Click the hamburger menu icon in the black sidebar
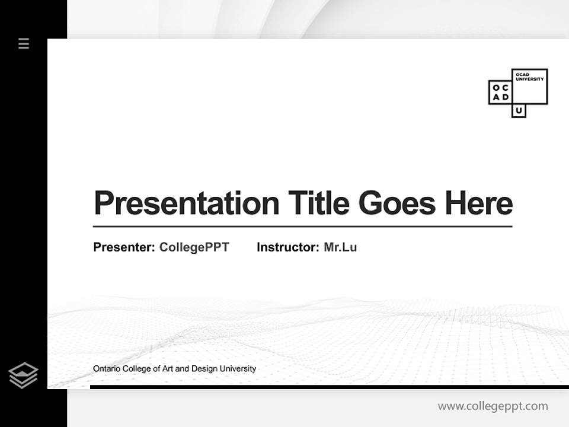[x=24, y=43]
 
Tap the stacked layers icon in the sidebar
[x=23, y=375]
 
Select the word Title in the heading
[x=319, y=203]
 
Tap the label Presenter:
[x=124, y=247]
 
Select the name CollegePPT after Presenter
[x=194, y=247]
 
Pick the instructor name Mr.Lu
[x=340, y=247]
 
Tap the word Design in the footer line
[x=204, y=369]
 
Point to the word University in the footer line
[x=238, y=369]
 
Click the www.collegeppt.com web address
[x=493, y=406]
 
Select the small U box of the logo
[x=519, y=111]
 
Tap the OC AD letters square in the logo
[x=500, y=93]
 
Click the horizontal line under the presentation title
[x=302, y=227]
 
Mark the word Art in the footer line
[x=168, y=369]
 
